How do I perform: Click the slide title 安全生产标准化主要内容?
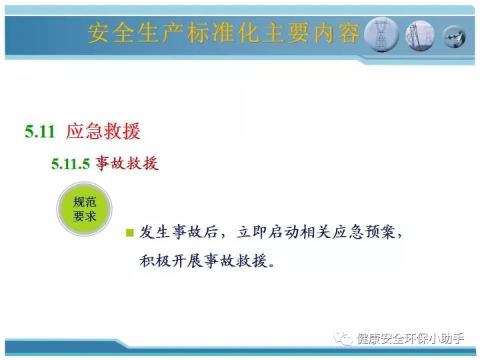[x=224, y=33]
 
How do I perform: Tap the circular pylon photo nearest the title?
[x=382, y=34]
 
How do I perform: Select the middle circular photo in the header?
[x=420, y=35]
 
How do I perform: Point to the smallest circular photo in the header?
[x=455, y=37]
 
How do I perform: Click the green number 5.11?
[x=40, y=131]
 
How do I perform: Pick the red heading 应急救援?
[x=103, y=131]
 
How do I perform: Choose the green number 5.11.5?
[x=71, y=164]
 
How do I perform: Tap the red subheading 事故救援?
[x=127, y=163]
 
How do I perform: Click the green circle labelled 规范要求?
[x=85, y=209]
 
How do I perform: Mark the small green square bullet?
[x=130, y=233]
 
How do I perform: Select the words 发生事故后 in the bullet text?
[x=179, y=232]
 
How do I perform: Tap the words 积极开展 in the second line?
[x=171, y=261]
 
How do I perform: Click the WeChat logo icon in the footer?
[x=343, y=338]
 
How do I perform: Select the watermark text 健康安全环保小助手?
[x=410, y=339]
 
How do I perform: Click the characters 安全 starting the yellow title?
[x=111, y=33]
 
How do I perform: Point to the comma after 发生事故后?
[x=223, y=236]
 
